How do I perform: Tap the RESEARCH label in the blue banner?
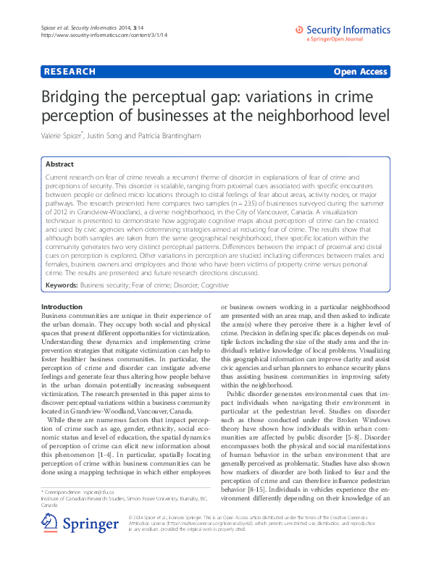pos(70,72)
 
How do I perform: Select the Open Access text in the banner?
pos(361,72)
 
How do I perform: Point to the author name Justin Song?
pos(116,136)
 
